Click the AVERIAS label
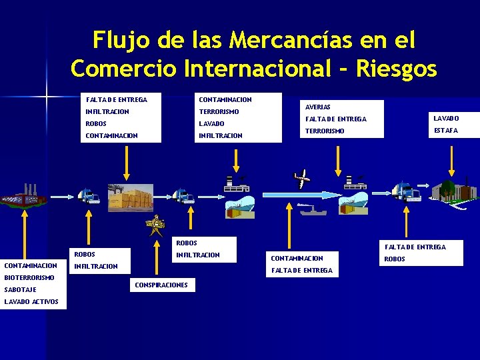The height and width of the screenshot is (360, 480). coord(318,107)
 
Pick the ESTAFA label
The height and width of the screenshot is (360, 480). coord(446,131)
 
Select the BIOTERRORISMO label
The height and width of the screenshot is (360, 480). coord(29,277)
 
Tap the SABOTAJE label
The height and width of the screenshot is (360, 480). coord(20,289)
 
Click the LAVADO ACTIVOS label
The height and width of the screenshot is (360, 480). coord(31,302)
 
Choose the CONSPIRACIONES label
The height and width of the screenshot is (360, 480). coord(161,285)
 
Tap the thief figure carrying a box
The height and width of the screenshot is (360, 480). coord(156,225)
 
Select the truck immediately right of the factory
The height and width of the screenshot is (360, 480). coord(88,195)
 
